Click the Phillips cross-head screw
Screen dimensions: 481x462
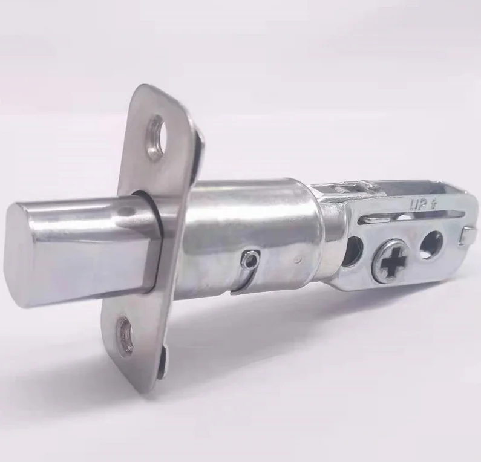(x=390, y=259)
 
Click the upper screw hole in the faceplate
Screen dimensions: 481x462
(x=160, y=134)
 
